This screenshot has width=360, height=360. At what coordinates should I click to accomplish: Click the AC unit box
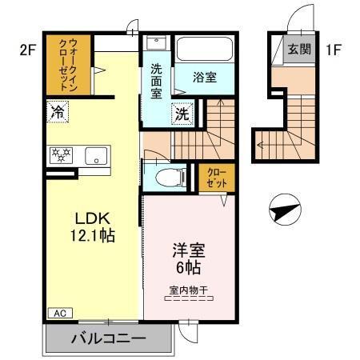(x=60, y=313)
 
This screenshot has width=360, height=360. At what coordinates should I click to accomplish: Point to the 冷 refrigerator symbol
(x=57, y=112)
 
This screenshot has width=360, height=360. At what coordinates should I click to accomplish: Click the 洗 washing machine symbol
(x=183, y=114)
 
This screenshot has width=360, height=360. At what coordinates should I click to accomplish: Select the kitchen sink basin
(x=96, y=156)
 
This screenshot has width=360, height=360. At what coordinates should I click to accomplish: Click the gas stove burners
(x=61, y=155)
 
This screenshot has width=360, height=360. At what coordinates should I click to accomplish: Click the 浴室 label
(x=206, y=78)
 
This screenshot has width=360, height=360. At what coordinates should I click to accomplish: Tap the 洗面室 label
(x=157, y=80)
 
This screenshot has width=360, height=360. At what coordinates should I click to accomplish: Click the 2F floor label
(x=29, y=49)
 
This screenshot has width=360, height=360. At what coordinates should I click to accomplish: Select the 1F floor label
(x=334, y=49)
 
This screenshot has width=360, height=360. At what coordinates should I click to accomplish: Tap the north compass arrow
(x=284, y=212)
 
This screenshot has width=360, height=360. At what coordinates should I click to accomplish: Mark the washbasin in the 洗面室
(x=156, y=45)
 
